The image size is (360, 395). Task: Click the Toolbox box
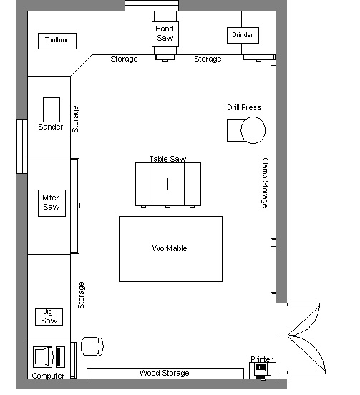(x=57, y=41)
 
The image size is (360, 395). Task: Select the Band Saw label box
(x=165, y=34)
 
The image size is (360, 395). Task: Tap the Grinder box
(x=243, y=35)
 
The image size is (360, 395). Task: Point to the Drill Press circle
(x=253, y=130)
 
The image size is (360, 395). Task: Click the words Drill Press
(x=244, y=107)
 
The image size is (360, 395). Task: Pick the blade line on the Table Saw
(x=167, y=184)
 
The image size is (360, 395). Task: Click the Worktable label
(x=170, y=248)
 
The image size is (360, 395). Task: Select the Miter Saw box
(x=52, y=203)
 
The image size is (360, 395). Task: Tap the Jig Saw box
(x=49, y=317)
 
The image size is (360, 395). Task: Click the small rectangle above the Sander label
(x=52, y=109)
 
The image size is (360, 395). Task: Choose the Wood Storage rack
(x=165, y=373)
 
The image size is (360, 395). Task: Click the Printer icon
(x=262, y=370)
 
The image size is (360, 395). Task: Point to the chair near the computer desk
(x=92, y=346)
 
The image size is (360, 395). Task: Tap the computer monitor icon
(x=43, y=357)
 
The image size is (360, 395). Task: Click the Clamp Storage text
(x=265, y=183)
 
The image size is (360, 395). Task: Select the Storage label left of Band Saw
(x=124, y=59)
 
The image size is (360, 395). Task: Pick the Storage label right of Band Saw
(x=208, y=59)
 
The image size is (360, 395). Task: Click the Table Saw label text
(x=167, y=159)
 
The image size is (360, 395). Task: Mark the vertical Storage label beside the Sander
(x=75, y=120)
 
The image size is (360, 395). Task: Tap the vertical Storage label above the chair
(x=81, y=296)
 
